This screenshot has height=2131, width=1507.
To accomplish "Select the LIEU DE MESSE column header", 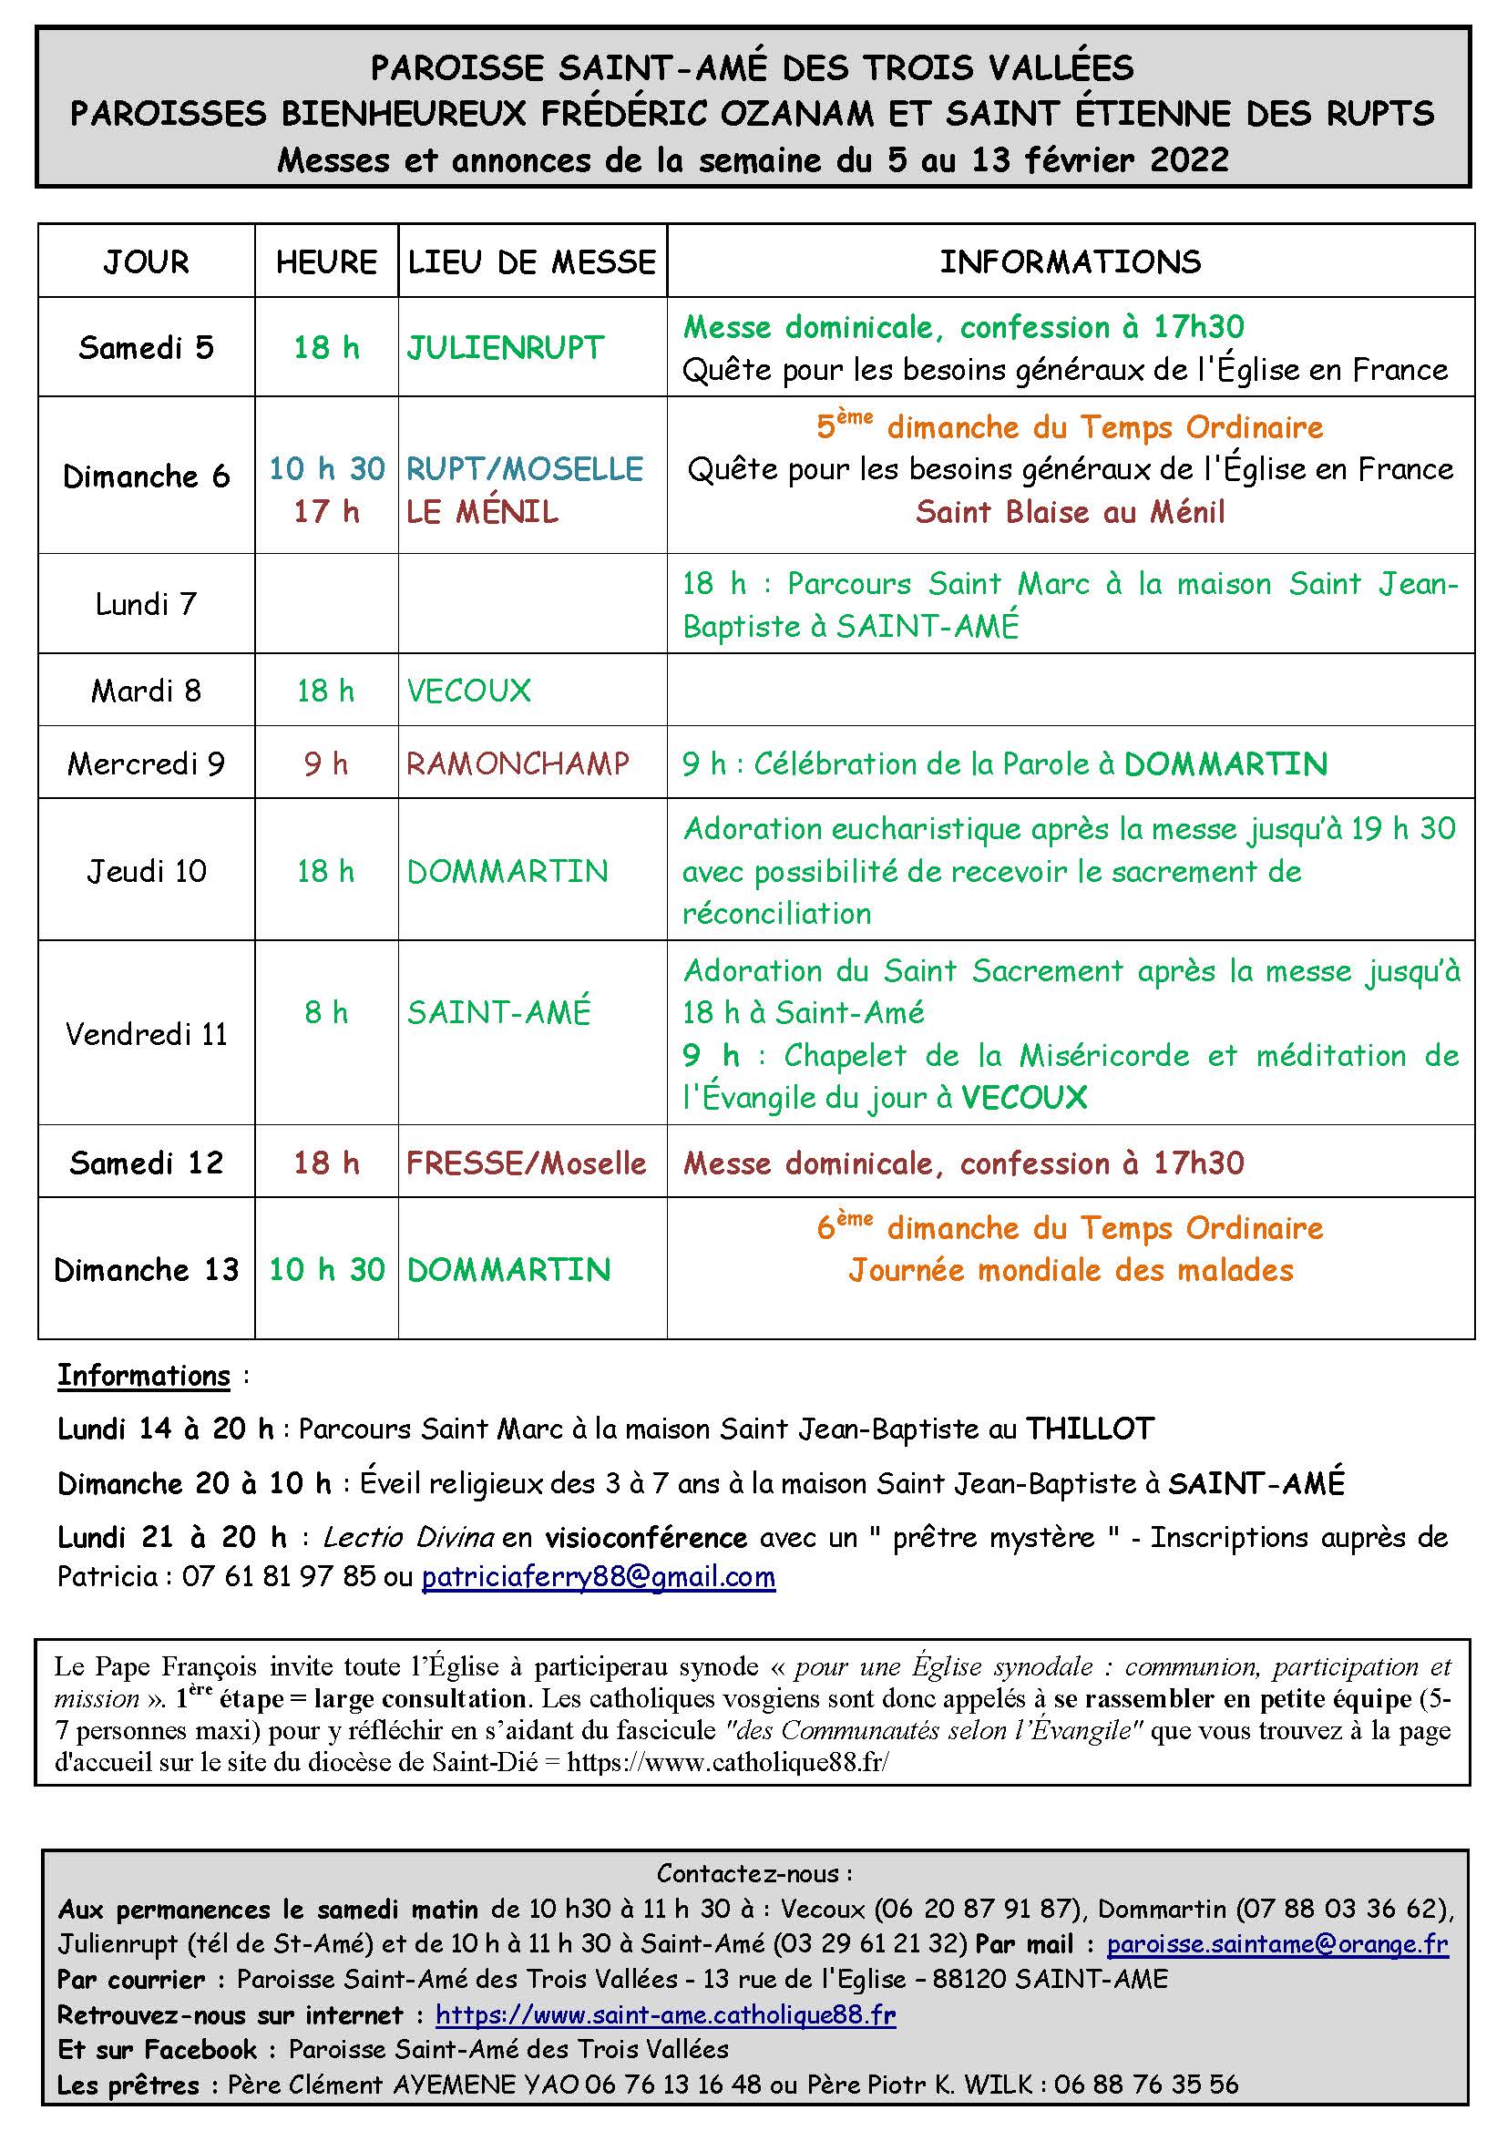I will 532,262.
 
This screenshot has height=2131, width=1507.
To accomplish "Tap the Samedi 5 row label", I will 146,348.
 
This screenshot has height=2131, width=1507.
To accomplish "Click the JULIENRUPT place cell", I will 505,348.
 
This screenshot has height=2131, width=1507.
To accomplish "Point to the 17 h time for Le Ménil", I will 325,511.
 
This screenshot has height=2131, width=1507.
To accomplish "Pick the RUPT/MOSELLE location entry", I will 524,468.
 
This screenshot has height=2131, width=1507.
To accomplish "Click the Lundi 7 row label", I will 146,604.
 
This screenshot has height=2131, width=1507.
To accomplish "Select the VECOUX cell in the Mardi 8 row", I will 468,691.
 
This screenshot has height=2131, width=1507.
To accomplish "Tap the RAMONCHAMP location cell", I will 518,763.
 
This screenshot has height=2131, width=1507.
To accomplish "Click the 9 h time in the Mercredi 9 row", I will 325,763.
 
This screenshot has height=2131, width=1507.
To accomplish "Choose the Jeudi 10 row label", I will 146,871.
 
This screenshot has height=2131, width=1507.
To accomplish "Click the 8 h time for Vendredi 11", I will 325,1011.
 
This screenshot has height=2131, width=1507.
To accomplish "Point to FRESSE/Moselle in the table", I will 525,1163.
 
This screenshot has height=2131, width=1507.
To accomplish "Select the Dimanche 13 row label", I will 146,1270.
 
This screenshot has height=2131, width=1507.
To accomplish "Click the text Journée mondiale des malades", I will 1070,1270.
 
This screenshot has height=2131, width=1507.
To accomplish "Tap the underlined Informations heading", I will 143,1376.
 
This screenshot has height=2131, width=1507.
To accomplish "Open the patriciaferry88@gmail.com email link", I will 598,1577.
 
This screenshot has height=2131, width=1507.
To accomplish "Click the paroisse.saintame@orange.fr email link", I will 1276,1943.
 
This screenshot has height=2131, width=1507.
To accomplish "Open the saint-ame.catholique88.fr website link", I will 665,2015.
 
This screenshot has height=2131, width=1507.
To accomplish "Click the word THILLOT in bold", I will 1089,1429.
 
